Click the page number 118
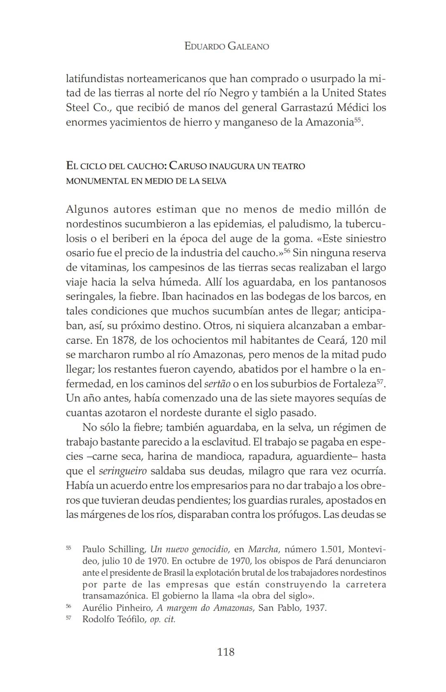point(225,652)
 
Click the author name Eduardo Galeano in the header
point(226,46)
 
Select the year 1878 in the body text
point(119,340)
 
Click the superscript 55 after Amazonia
point(358,120)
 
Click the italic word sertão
point(217,384)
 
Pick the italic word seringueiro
point(123,471)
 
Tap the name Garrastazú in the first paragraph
point(307,107)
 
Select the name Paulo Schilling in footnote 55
point(114,549)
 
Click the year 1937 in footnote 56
point(316,607)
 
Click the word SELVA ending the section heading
point(214,181)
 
